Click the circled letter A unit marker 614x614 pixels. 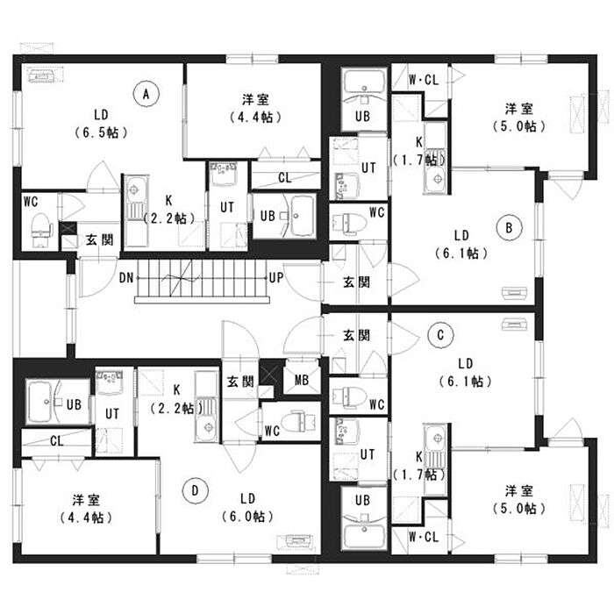[146, 91]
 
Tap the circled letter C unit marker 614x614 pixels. [441, 334]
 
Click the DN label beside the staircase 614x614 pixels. [126, 279]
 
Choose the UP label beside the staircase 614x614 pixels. [275, 279]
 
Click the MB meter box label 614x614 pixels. [302, 379]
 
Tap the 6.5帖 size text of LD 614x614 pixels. [102, 132]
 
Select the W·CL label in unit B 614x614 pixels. [424, 81]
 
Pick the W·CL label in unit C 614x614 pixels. [424, 535]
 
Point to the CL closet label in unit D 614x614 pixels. [56, 440]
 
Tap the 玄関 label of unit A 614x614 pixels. [99, 239]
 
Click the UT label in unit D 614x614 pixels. [112, 412]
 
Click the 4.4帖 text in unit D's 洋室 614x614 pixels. [84, 517]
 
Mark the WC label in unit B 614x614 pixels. [377, 211]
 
